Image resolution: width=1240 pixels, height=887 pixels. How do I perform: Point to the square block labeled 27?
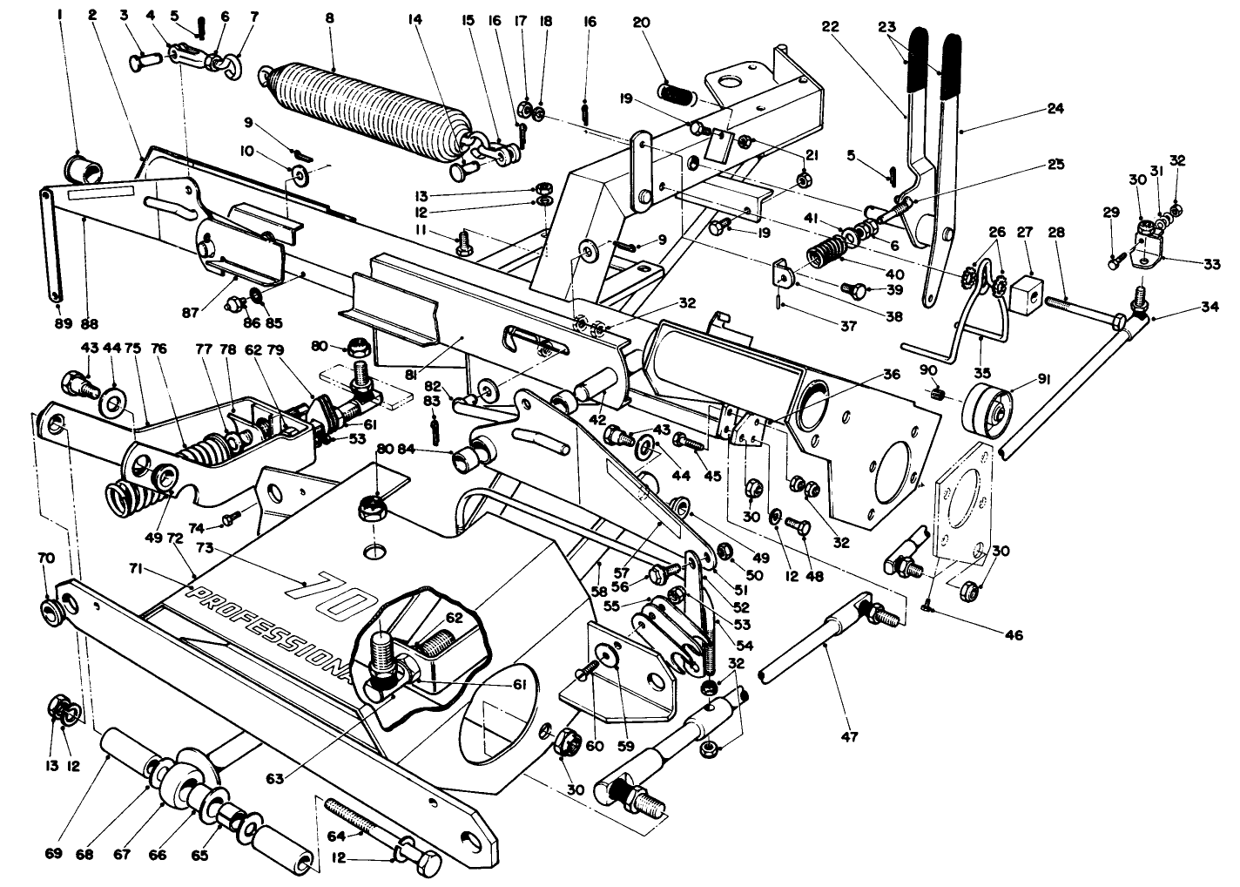1026,288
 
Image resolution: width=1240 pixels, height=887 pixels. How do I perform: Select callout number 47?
850,737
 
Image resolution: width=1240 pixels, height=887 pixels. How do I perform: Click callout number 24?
1055,109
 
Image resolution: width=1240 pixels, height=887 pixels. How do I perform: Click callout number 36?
890,375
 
